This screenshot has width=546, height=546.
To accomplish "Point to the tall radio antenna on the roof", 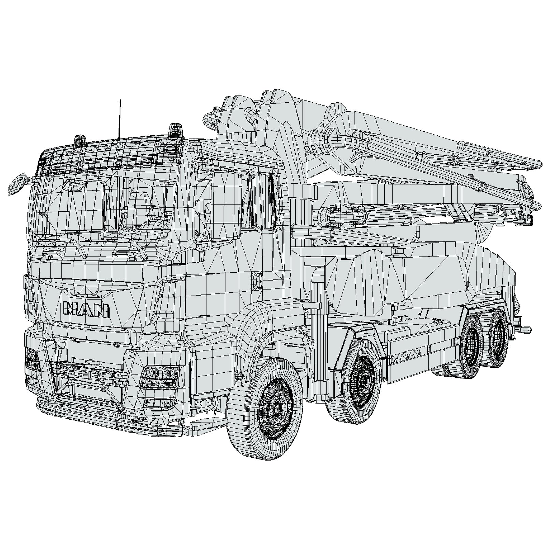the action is [120, 119].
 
